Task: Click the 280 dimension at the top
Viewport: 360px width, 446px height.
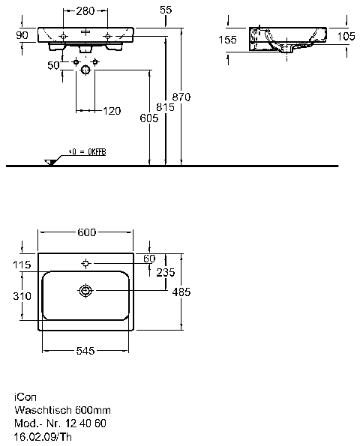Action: (85, 11)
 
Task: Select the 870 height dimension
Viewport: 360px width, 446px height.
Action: (181, 97)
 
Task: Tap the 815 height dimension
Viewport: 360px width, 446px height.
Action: (165, 107)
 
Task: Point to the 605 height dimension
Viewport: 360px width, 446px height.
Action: (148, 118)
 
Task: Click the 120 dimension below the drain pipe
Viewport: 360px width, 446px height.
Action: (112, 111)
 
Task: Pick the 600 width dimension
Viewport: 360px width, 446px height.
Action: (87, 232)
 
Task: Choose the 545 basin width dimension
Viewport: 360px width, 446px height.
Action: (85, 351)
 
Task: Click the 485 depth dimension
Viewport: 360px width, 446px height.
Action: (181, 292)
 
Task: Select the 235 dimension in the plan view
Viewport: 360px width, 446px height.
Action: (166, 273)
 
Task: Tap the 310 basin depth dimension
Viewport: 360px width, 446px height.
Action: (22, 296)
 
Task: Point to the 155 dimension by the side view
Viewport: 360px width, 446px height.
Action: (227, 40)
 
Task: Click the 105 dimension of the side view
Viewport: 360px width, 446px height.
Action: (346, 36)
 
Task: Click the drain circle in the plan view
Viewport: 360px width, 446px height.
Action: (85, 291)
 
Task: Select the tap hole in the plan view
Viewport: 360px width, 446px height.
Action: (85, 264)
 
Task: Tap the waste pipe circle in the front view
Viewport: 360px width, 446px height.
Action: (85, 70)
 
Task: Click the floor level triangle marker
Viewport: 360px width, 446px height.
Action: (51, 162)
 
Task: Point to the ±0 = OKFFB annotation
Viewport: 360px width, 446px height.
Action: (87, 152)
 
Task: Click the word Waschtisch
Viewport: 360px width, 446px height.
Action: (43, 410)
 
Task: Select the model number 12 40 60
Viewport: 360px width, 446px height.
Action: (85, 424)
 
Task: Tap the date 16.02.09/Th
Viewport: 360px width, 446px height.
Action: (43, 436)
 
